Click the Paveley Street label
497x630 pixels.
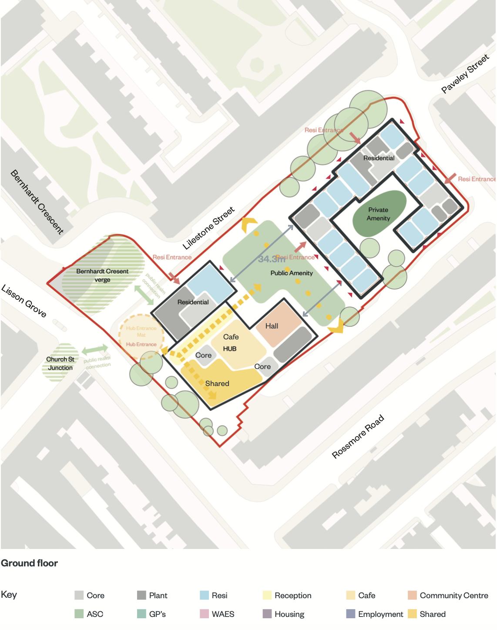465,74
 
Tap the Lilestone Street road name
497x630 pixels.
208,228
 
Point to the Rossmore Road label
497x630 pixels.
358,437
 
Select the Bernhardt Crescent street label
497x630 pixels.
37,201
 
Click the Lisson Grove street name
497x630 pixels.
24,301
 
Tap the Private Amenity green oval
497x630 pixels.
379,213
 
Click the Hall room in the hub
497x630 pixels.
272,326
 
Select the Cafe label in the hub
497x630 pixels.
231,337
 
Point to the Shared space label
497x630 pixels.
217,383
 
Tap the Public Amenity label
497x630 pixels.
292,273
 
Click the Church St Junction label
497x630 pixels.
60,363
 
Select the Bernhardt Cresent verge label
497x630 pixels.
102,275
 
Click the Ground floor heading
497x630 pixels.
29,563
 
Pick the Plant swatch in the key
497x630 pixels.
141,595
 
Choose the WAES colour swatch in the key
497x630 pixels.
204,614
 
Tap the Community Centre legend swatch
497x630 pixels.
412,595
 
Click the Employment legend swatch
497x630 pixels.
350,614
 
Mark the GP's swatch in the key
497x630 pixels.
141,614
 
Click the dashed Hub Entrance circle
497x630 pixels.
141,336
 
